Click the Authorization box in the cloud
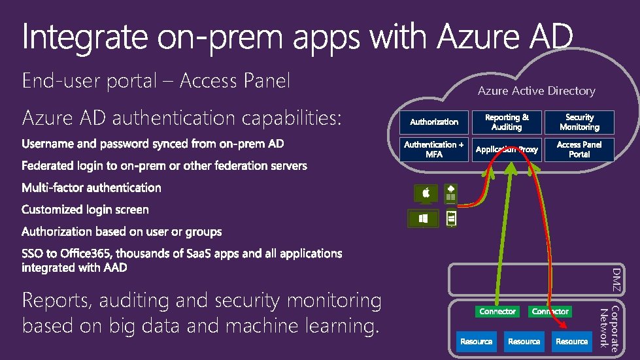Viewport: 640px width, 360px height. (x=434, y=122)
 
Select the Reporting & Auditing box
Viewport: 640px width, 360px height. (x=507, y=122)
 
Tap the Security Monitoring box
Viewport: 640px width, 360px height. (x=579, y=122)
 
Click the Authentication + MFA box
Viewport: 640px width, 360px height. (x=434, y=150)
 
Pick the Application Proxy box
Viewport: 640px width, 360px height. (x=507, y=150)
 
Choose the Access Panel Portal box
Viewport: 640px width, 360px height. (x=579, y=150)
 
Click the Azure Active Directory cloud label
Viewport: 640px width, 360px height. (x=536, y=91)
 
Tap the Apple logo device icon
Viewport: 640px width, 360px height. (x=426, y=193)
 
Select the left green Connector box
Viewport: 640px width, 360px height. (x=497, y=312)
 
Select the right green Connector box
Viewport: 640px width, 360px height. (x=550, y=312)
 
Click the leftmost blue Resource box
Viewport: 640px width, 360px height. (x=476, y=341)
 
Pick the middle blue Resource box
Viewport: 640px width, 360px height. (x=524, y=341)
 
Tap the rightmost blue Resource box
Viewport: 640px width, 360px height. (x=571, y=341)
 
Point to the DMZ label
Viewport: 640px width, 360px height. (x=616, y=280)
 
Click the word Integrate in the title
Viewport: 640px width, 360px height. (x=84, y=38)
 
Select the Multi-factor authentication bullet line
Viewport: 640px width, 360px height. (x=91, y=188)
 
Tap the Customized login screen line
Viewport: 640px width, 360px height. (x=85, y=210)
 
